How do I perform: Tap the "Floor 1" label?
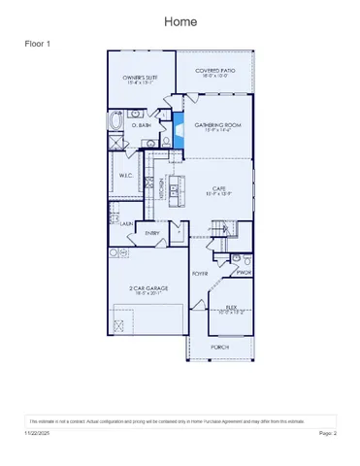[38, 44]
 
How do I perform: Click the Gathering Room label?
[213, 126]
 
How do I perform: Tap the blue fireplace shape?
[180, 129]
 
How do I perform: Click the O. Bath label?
[139, 124]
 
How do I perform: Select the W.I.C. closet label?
[126, 176]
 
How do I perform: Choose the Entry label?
[153, 233]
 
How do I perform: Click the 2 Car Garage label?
[146, 290]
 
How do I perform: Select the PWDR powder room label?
[245, 272]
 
